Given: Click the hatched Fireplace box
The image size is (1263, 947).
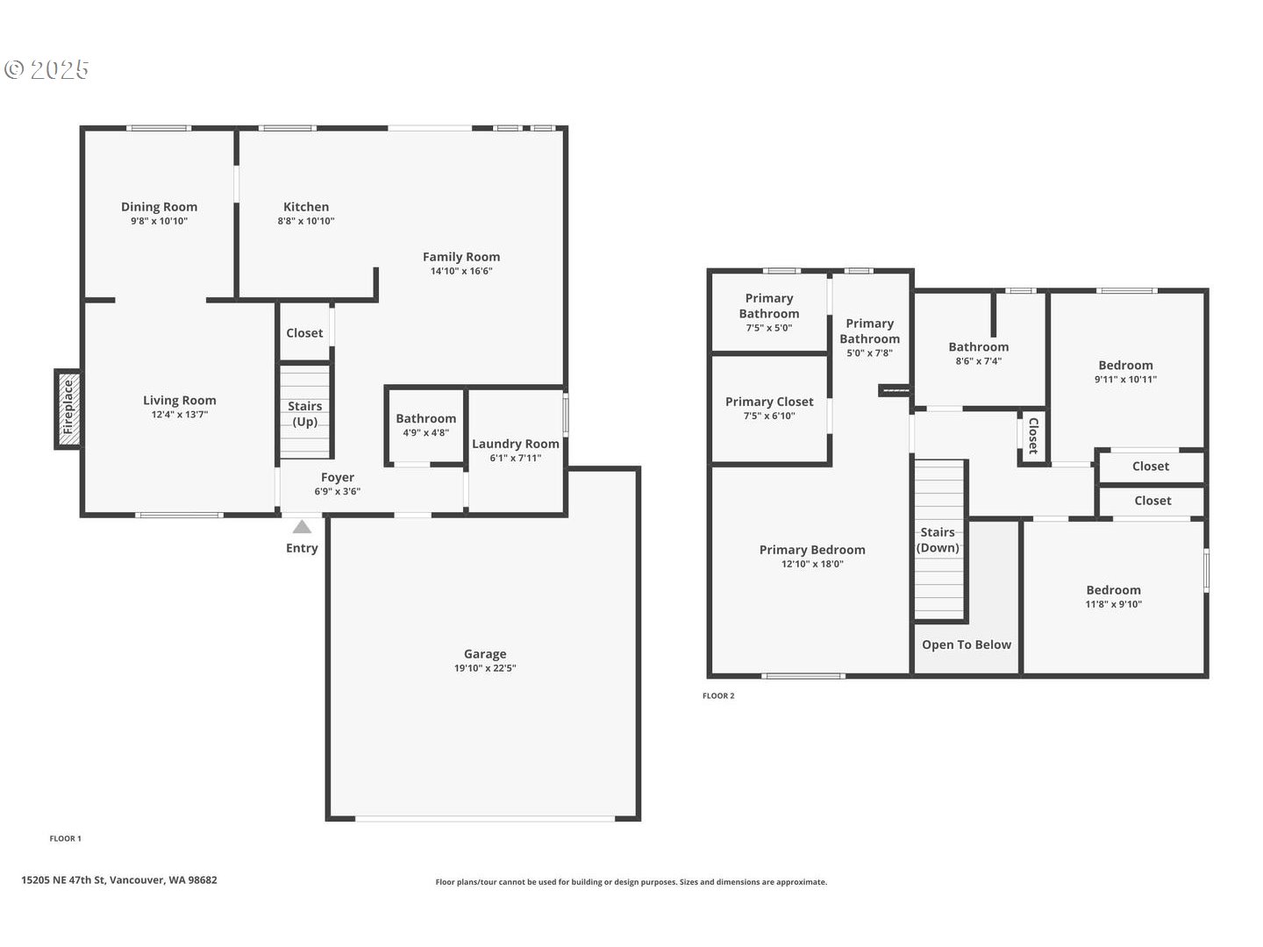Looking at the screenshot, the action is (x=68, y=409).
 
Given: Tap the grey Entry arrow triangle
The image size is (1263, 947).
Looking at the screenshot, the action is (x=302, y=527).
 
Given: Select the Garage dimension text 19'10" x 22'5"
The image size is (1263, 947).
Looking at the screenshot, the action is (x=485, y=668).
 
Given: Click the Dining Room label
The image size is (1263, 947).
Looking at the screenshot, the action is (x=159, y=206).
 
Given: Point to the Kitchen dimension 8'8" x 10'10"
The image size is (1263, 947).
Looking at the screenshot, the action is (x=306, y=221).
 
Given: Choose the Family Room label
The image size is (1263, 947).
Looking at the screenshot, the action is (x=461, y=256).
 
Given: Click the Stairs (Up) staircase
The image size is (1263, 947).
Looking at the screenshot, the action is (x=305, y=412).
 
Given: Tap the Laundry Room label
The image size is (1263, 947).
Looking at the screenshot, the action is (x=516, y=444).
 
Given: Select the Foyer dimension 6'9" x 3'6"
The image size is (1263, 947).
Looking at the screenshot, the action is (x=338, y=491).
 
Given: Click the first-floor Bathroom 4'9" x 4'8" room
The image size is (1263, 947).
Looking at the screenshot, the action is (x=425, y=425).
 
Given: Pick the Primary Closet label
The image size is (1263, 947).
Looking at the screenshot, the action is (x=769, y=402).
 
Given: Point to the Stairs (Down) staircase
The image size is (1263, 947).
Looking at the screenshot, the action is (x=939, y=539).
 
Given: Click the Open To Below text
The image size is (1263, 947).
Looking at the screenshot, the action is (x=967, y=644).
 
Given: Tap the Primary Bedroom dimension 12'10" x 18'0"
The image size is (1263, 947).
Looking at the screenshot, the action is (x=812, y=564).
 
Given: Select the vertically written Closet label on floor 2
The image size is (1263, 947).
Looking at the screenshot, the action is (x=1033, y=436).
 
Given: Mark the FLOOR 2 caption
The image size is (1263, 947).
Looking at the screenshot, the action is (x=718, y=695).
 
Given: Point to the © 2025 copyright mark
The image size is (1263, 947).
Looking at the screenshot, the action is (x=46, y=69).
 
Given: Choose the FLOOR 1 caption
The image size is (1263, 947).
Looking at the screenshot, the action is (x=66, y=838).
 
